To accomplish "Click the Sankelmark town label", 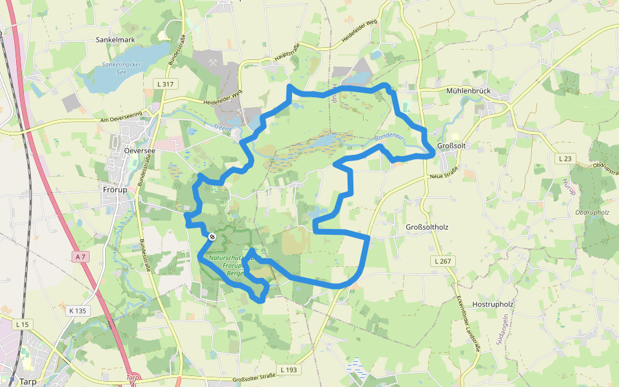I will [115, 40].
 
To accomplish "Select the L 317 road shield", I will [165, 84].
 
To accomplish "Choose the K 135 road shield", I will [77, 311].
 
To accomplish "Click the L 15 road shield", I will [22, 324].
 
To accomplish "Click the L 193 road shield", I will [289, 370].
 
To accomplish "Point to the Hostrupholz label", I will [492, 304].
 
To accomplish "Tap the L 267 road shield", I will [442, 261].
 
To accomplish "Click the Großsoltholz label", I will [427, 228].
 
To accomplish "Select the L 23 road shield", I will [565, 159].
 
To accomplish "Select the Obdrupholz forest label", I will [593, 212].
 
